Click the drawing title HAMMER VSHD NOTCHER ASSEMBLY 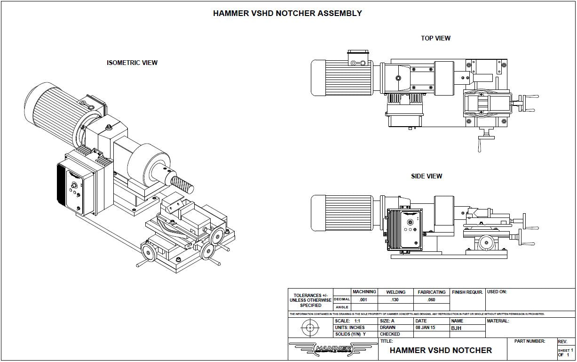coord(287,13)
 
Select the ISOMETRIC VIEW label coord(132,63)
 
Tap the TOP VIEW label coord(435,38)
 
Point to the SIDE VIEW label coord(427,176)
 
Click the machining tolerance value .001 coord(363,299)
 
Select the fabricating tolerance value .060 coord(431,299)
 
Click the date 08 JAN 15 coord(426,328)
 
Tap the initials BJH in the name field coord(457,328)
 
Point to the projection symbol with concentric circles coord(310,328)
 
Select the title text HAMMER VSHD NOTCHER coord(441,350)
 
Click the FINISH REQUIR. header coord(467,292)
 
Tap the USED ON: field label coord(497,292)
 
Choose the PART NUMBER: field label coord(530,341)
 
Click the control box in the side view coord(403,229)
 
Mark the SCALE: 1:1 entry coord(348,321)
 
